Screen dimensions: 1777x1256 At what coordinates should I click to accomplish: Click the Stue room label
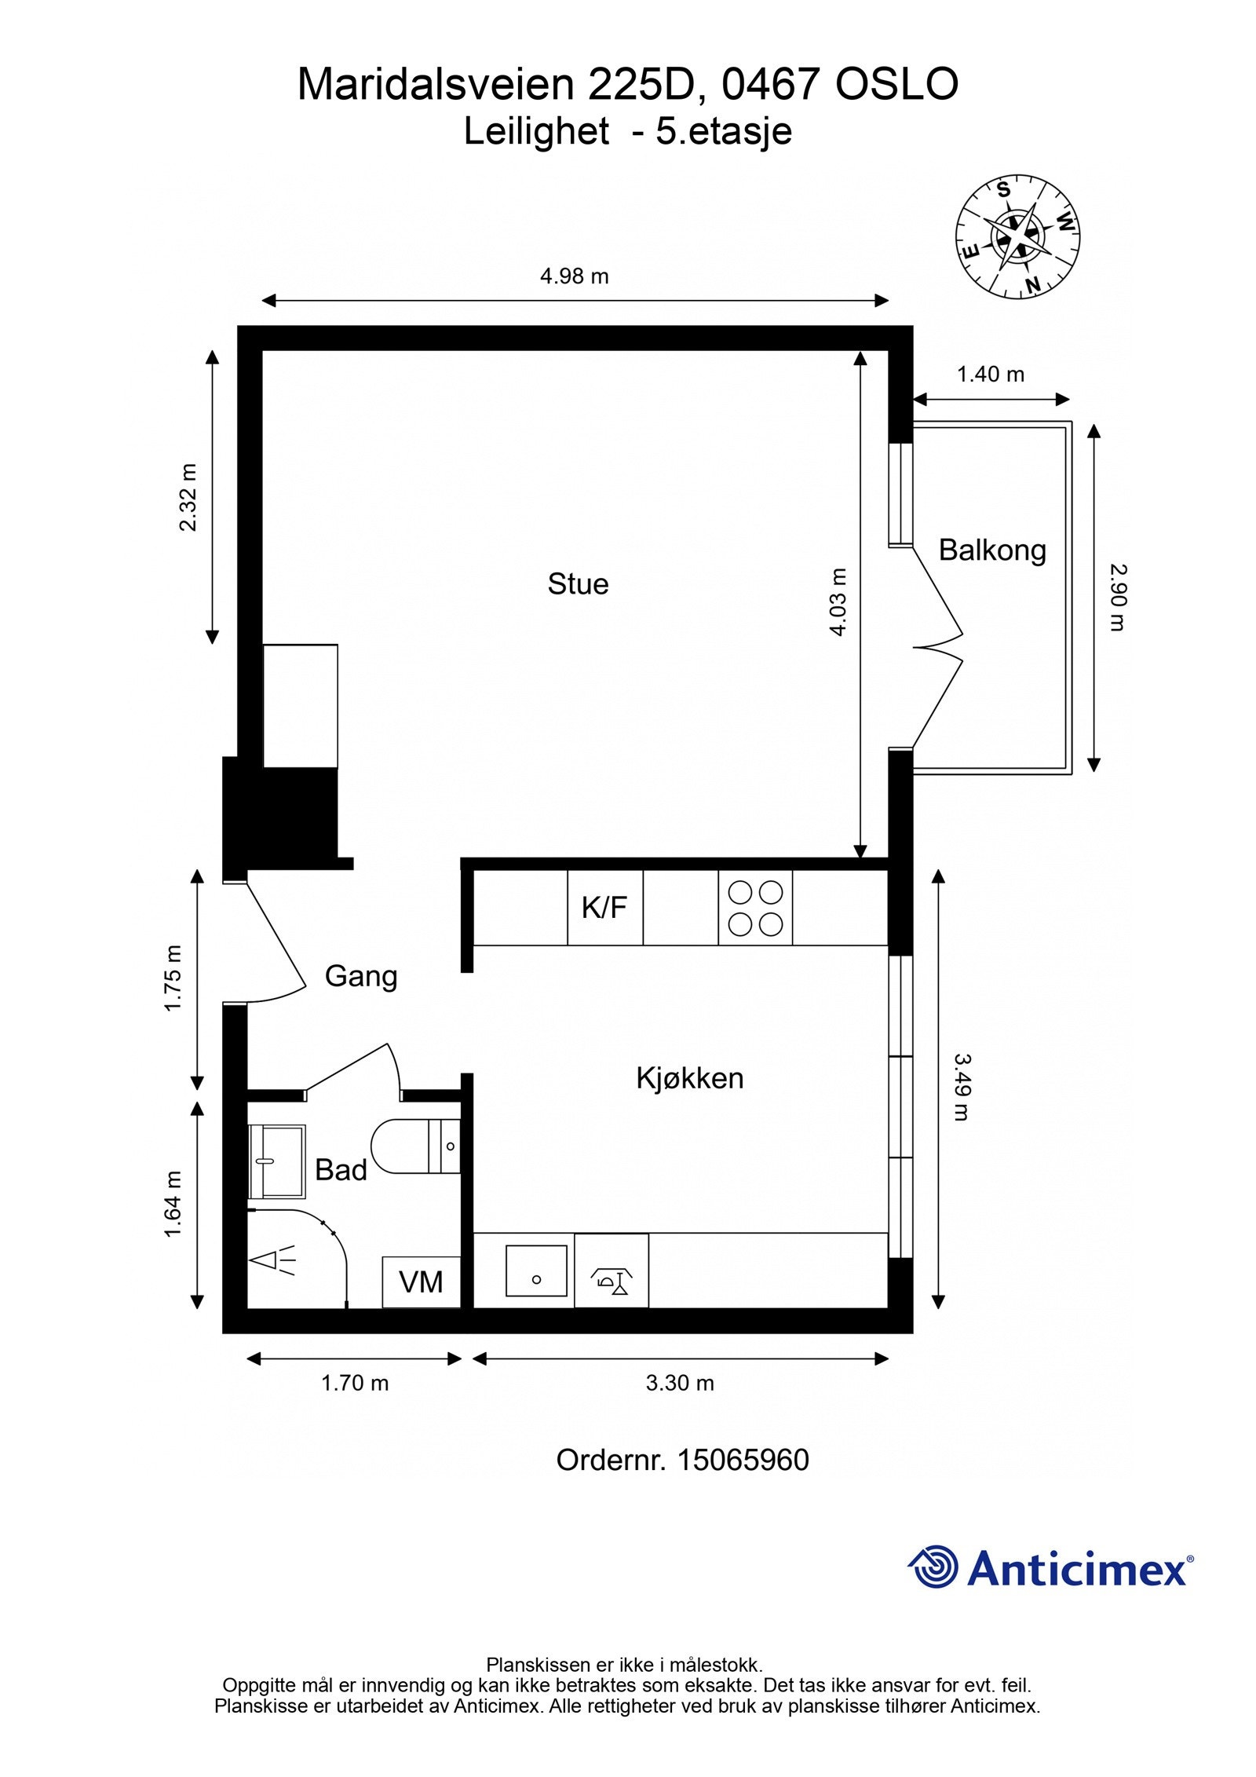tap(577, 583)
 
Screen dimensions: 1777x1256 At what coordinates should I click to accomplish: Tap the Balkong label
tap(991, 550)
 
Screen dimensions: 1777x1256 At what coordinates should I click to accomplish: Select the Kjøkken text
tap(689, 1077)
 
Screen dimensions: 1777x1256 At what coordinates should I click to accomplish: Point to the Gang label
tap(360, 975)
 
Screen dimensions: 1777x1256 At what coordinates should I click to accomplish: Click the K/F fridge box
tap(604, 907)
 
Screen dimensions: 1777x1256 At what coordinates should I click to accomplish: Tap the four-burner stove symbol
tap(754, 907)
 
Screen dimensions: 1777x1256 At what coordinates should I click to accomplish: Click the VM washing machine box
tap(421, 1282)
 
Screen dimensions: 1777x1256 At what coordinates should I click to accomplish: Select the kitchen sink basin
tap(535, 1270)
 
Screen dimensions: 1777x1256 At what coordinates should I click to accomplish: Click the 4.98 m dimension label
tap(574, 276)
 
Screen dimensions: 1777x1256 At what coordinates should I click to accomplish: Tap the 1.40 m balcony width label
tap(990, 375)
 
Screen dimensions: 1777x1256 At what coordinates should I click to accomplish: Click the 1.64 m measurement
tap(173, 1204)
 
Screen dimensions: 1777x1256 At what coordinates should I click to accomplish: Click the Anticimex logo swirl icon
tap(934, 1567)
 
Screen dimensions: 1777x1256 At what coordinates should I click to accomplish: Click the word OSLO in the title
tap(896, 85)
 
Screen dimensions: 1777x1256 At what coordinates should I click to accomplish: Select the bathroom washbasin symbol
tap(276, 1161)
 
